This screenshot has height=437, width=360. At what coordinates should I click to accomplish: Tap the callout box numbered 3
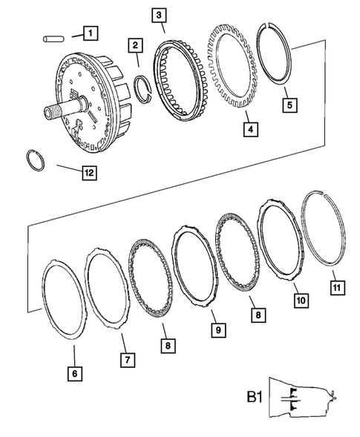point(158,14)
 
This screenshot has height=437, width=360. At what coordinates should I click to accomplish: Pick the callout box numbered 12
point(89,173)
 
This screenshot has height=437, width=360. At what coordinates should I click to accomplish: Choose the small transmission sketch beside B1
point(301,400)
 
